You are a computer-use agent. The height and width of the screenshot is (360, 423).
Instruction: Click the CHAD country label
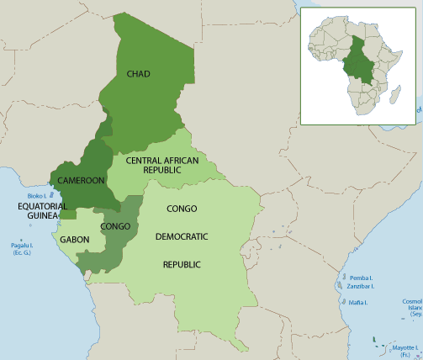click(x=138, y=74)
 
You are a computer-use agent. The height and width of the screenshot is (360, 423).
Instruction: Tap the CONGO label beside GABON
click(x=115, y=226)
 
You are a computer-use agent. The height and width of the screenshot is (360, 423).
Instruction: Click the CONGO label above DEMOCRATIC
click(x=182, y=208)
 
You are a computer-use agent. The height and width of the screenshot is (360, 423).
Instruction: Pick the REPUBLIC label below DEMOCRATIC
click(x=182, y=264)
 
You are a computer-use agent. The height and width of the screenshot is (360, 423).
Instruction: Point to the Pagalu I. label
click(x=21, y=246)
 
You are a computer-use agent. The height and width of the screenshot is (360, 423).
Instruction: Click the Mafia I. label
click(x=359, y=301)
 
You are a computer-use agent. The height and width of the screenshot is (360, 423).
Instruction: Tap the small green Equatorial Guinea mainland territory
click(x=68, y=214)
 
